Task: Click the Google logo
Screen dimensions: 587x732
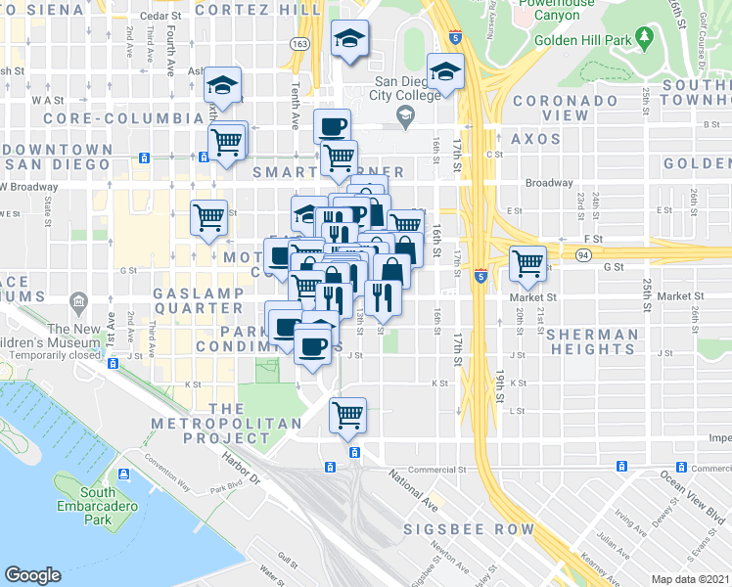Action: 33,575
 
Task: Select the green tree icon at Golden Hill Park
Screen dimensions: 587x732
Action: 644,38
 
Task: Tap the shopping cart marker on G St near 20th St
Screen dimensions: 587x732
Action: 528,261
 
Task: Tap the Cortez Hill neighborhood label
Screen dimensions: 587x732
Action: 256,9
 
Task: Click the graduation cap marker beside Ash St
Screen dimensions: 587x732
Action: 223,84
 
